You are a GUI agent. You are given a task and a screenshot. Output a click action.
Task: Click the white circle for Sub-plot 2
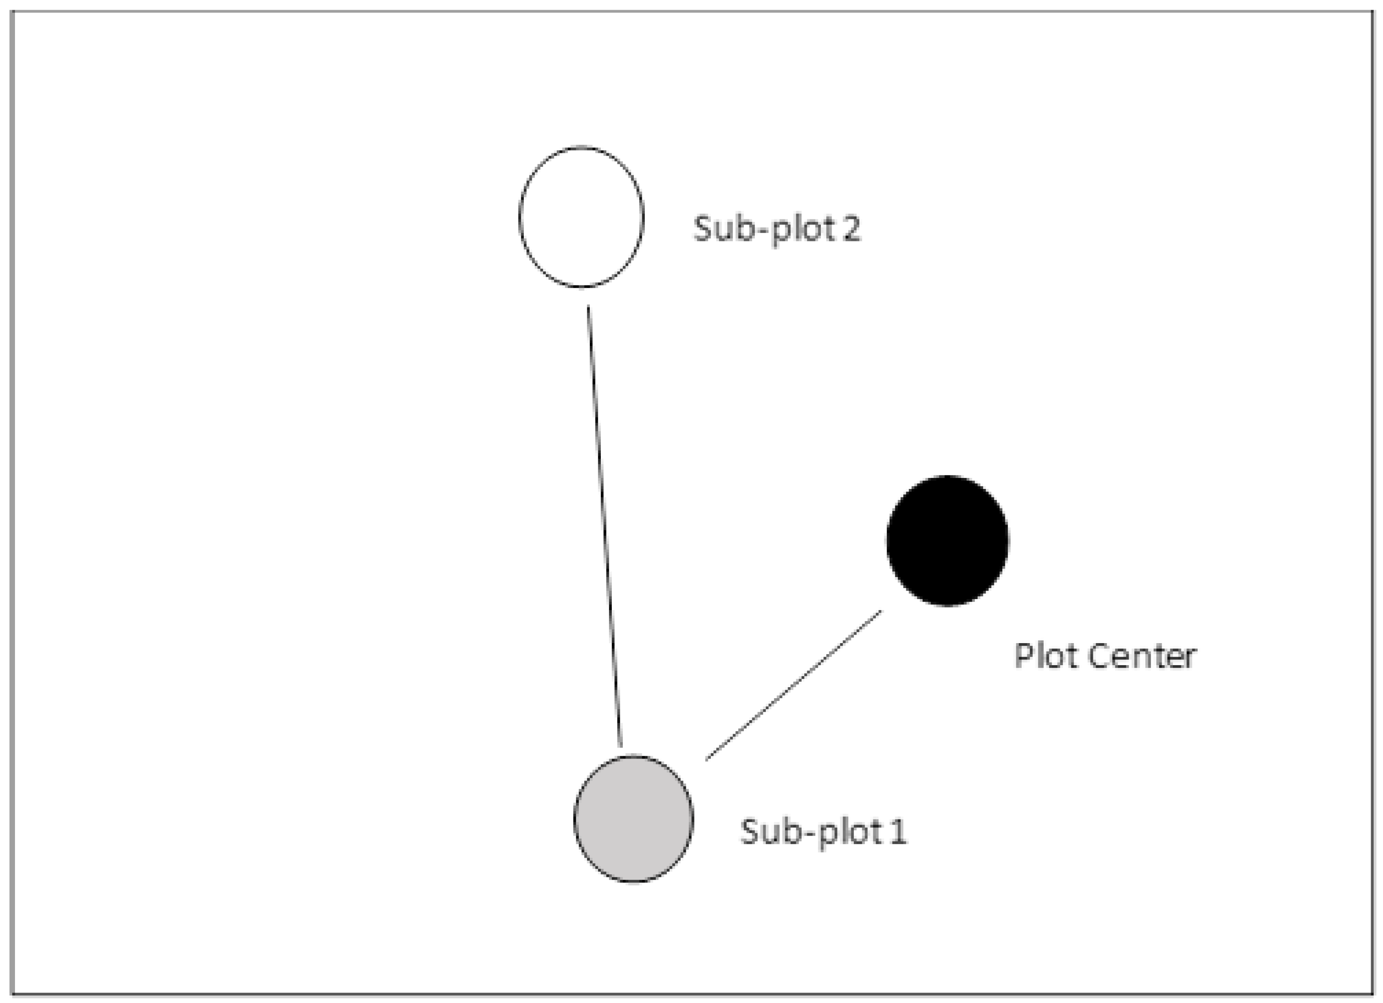581,217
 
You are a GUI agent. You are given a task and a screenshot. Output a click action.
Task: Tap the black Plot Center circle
947,540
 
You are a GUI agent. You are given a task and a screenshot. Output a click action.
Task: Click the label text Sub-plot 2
777,229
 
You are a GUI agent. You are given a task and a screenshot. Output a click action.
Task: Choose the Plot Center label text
1105,656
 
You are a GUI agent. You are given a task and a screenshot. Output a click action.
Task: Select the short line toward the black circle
793,685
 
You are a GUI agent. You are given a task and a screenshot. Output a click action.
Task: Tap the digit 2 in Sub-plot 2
851,229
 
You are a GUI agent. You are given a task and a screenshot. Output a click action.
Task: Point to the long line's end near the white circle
588,308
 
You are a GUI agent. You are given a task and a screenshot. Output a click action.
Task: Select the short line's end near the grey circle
707,759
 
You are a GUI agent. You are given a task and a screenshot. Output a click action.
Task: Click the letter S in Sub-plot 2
703,229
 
